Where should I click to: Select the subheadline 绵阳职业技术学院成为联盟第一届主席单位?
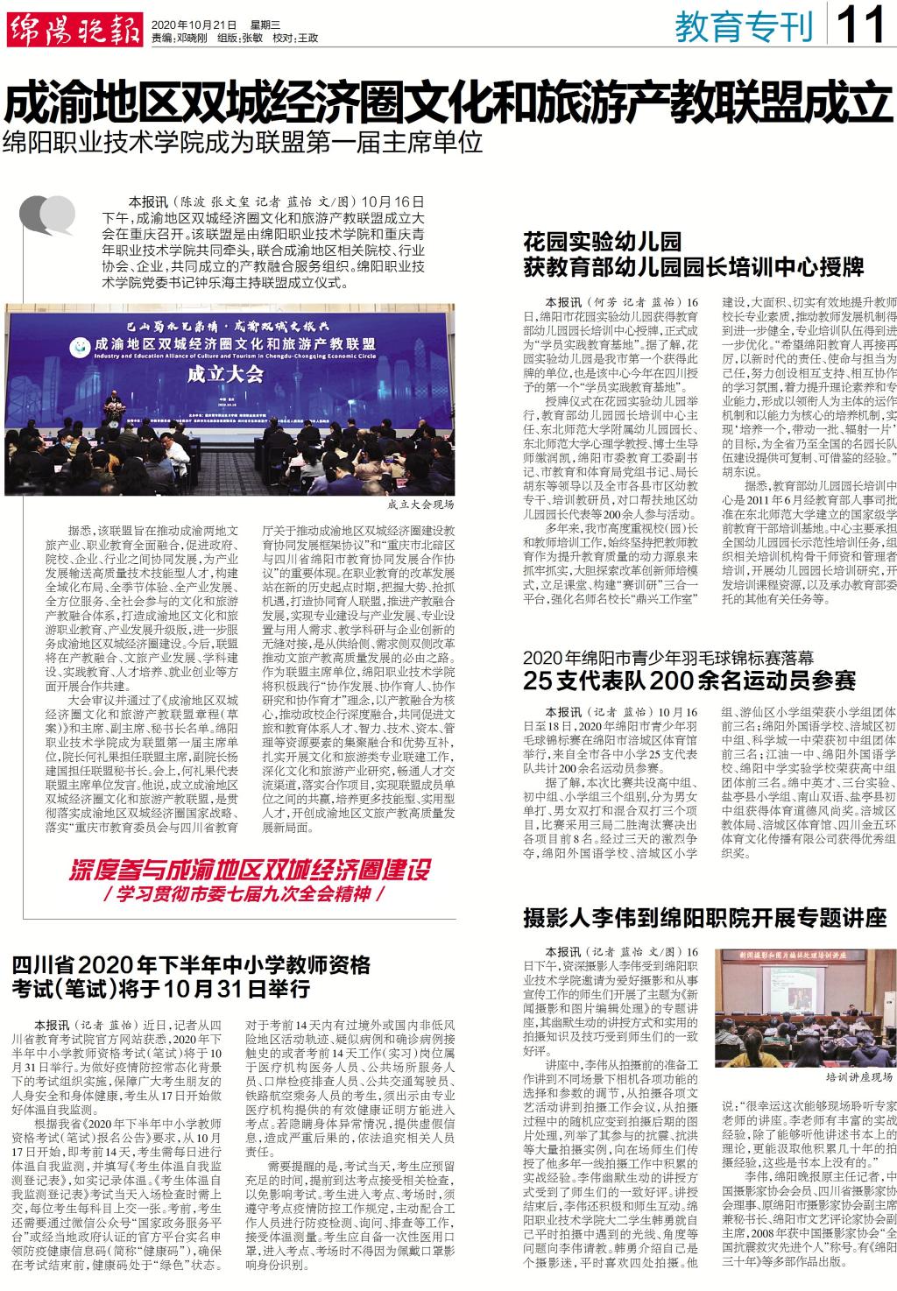point(243,142)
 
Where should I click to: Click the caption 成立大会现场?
point(420,505)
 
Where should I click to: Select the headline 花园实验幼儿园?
point(602,242)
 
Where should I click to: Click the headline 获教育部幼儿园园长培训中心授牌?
point(693,266)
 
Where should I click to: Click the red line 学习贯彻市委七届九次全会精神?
point(246,553)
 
